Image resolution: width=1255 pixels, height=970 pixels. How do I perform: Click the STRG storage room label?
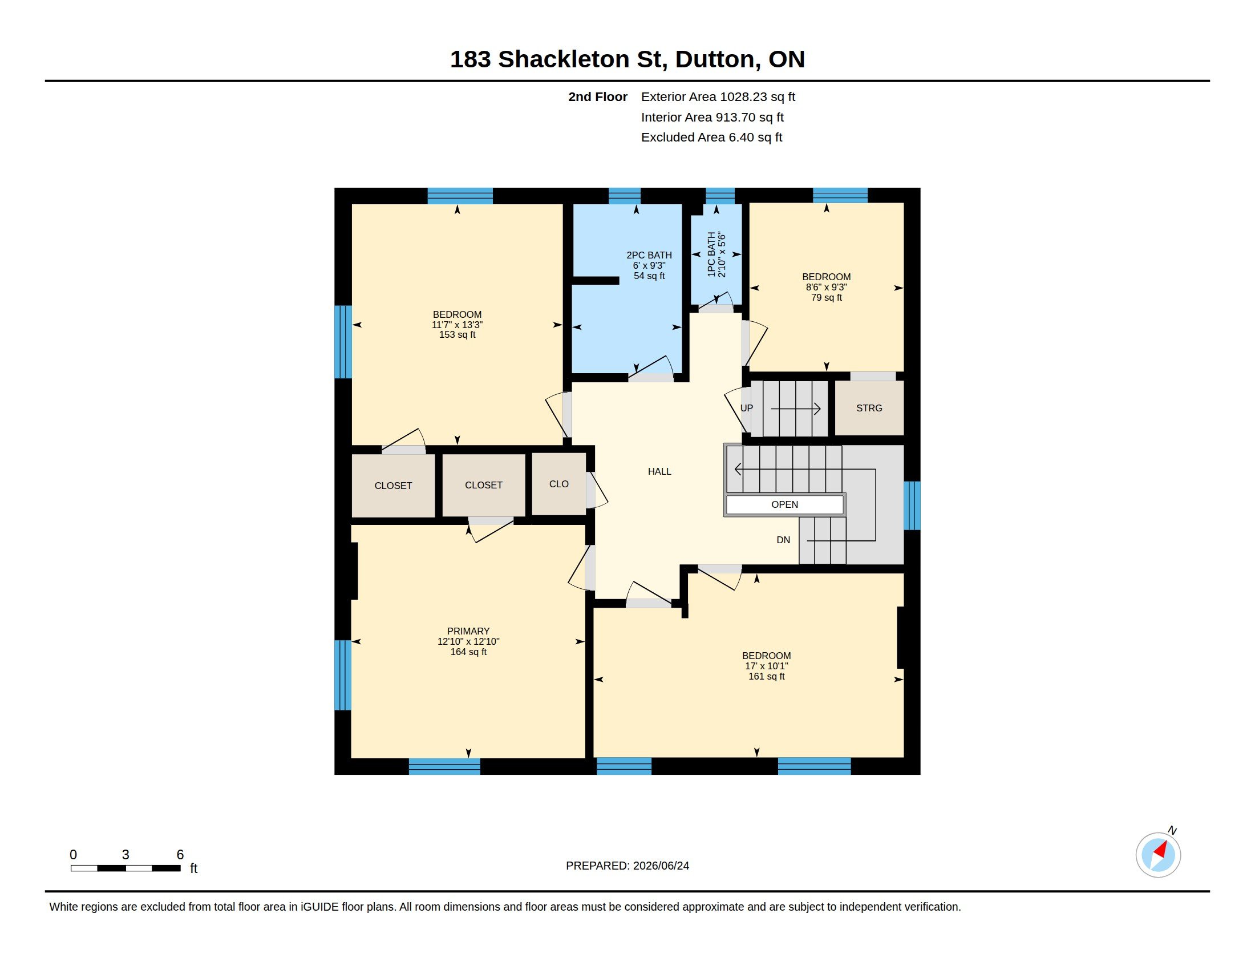pyautogui.click(x=869, y=408)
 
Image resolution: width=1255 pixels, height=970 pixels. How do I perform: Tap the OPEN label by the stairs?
pyautogui.click(x=784, y=504)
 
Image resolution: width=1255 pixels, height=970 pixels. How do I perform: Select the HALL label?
pyautogui.click(x=659, y=471)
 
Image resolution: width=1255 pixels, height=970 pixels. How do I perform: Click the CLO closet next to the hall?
pyautogui.click(x=558, y=484)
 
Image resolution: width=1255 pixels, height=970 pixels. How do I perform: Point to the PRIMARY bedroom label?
pyautogui.click(x=468, y=631)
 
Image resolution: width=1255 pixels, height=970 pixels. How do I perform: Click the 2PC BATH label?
pyautogui.click(x=649, y=255)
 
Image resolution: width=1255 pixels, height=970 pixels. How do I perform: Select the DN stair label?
pyautogui.click(x=783, y=540)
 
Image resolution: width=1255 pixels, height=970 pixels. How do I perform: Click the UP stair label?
pyautogui.click(x=747, y=408)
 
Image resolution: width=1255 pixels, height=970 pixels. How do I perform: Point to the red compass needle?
pyautogui.click(x=1161, y=850)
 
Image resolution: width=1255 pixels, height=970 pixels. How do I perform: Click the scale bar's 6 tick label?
pyautogui.click(x=180, y=855)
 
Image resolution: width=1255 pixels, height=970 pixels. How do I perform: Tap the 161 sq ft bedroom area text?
pyautogui.click(x=767, y=676)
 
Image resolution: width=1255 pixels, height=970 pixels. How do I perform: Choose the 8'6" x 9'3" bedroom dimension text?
pyautogui.click(x=827, y=288)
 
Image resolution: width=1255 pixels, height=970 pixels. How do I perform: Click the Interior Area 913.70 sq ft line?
pyautogui.click(x=712, y=117)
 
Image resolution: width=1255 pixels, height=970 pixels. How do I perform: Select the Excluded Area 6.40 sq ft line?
pyautogui.click(x=711, y=138)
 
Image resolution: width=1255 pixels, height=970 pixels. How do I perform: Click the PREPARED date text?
pyautogui.click(x=627, y=866)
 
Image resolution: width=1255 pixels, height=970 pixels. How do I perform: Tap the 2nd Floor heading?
pyautogui.click(x=598, y=97)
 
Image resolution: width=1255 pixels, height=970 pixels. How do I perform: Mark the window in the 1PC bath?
pyautogui.click(x=720, y=196)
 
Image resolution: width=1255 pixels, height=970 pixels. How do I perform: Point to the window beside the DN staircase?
pyautogui.click(x=912, y=505)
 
